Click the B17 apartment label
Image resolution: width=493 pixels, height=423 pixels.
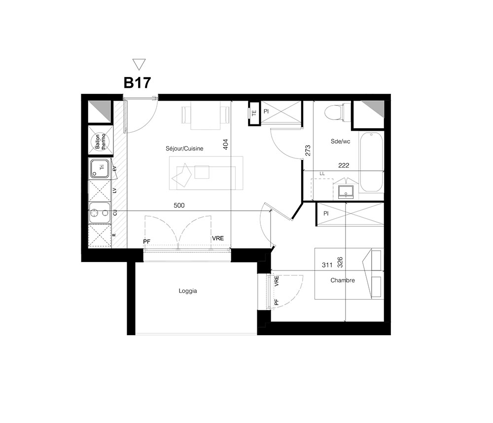point(137,82)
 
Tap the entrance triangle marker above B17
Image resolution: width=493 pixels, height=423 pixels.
point(139,64)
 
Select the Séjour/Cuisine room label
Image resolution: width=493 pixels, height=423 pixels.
point(184,149)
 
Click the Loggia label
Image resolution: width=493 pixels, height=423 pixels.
point(188,291)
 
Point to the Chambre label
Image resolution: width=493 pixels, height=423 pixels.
point(343,280)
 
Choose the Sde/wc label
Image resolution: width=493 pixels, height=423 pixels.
point(340,141)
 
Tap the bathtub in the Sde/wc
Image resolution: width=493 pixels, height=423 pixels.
point(371,162)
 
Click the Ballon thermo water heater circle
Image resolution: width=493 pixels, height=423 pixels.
point(101,141)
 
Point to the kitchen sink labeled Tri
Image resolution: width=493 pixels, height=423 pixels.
point(100,168)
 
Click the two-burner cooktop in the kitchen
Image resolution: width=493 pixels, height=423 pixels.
point(99,213)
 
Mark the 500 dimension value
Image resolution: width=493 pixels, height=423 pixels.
point(179,205)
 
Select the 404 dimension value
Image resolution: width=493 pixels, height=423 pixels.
point(225,145)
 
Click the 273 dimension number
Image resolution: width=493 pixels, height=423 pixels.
point(308,151)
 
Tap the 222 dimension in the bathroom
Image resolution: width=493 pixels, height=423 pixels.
point(344,165)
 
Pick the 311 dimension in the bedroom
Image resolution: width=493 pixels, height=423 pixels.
point(327,265)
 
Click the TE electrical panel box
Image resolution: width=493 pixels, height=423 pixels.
point(254,113)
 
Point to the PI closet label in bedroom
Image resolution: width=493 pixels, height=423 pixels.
point(326,213)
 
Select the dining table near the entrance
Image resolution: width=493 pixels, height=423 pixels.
point(206,115)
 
